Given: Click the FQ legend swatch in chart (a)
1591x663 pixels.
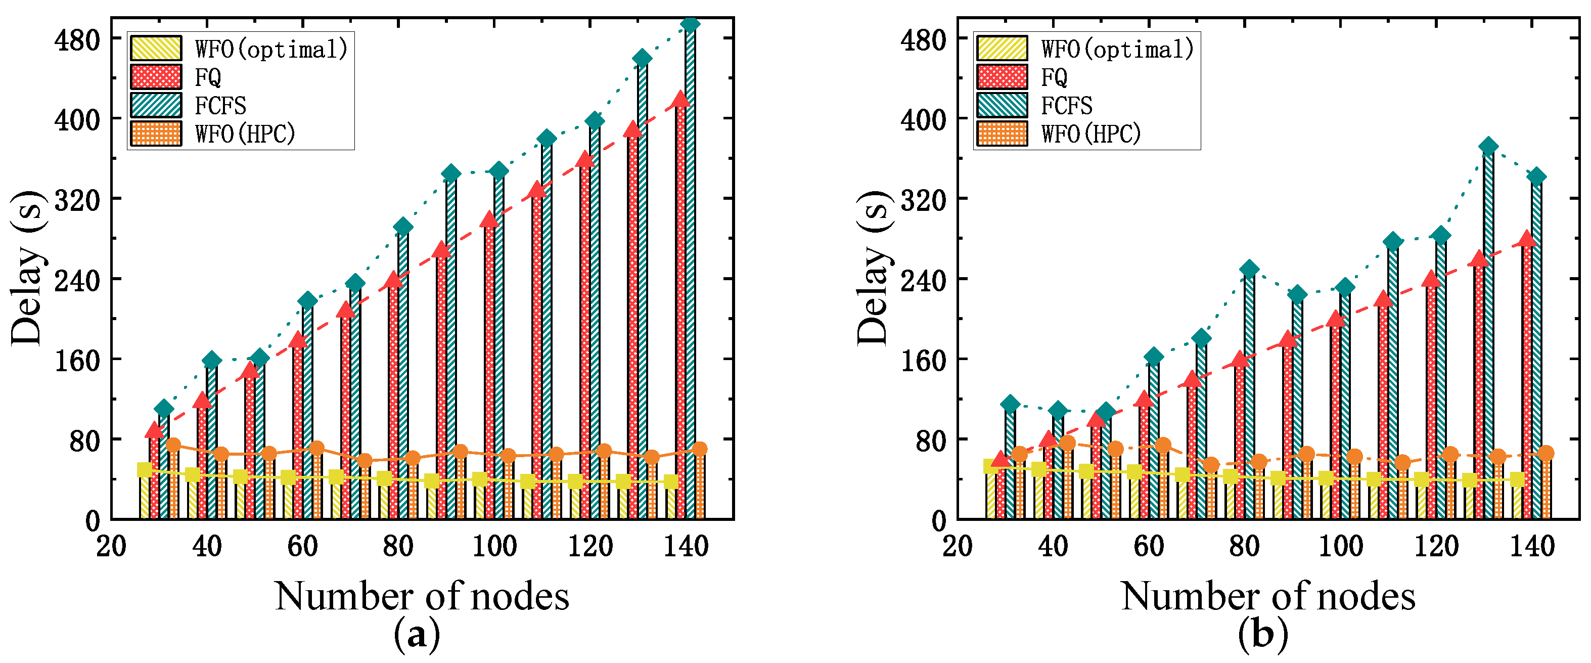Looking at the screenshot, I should coord(156,77).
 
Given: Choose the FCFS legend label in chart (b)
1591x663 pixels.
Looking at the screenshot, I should coord(1067,106).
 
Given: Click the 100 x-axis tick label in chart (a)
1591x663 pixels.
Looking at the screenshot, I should coord(494,546).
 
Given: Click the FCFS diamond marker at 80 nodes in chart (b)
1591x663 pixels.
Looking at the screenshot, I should coord(1249,269).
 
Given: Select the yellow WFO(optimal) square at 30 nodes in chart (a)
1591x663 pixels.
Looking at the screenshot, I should coord(145,470).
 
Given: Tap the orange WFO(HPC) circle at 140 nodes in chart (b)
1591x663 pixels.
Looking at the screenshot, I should coord(1546,454).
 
